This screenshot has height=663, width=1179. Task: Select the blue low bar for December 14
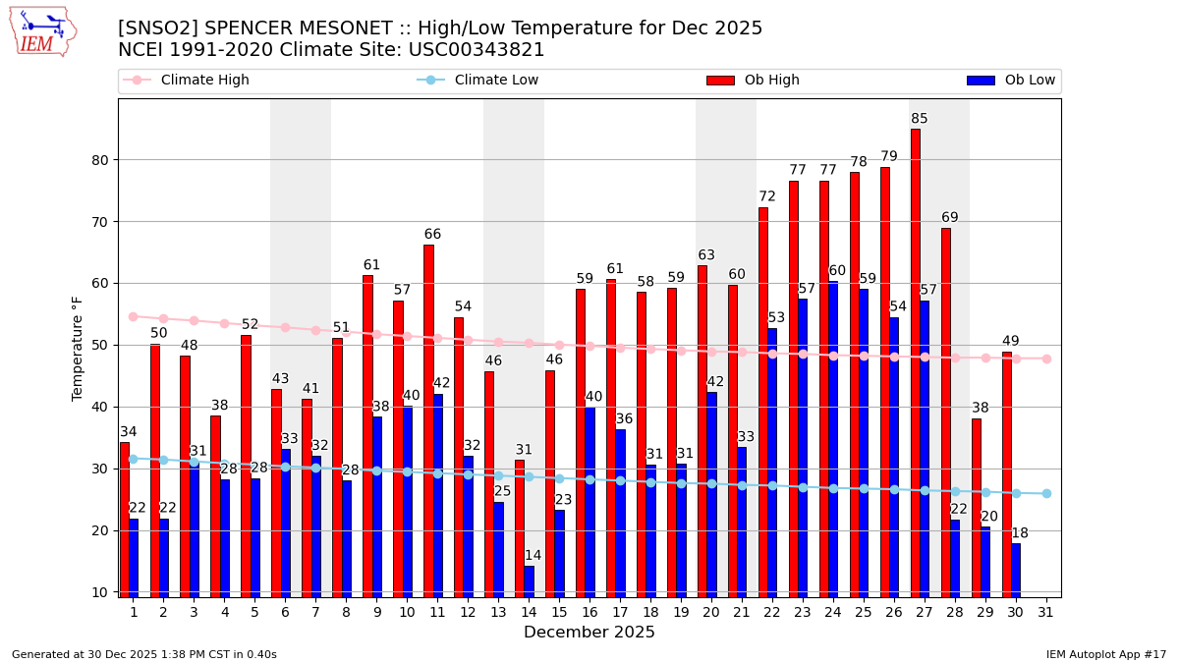(x=529, y=580)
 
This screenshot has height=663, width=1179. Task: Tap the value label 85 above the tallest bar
(x=920, y=119)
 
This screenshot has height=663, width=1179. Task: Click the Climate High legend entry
(x=204, y=81)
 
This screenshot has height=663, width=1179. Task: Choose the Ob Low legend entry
(x=1030, y=81)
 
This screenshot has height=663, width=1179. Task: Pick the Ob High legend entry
(x=771, y=81)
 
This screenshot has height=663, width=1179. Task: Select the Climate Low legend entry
(x=496, y=81)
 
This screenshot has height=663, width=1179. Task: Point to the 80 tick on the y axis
(x=100, y=160)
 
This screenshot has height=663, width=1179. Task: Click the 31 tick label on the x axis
(x=1046, y=611)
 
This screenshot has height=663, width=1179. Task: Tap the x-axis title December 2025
(x=589, y=633)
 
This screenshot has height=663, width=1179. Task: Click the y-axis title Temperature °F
(x=78, y=348)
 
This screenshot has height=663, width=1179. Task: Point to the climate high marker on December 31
(x=1046, y=359)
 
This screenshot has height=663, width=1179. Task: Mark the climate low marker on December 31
(x=1046, y=493)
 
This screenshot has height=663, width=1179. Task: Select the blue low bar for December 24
(x=833, y=438)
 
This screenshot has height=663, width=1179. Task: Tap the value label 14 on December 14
(x=533, y=556)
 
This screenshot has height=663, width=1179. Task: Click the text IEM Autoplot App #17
(x=1106, y=654)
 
